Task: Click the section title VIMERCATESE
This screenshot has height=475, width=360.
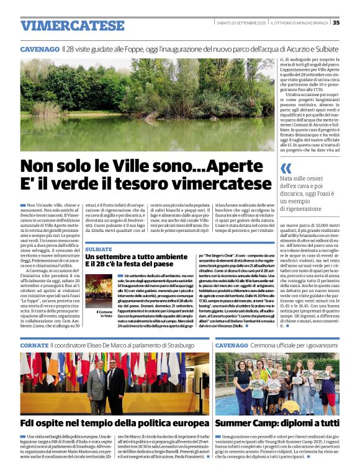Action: pyautogui.click(x=73, y=25)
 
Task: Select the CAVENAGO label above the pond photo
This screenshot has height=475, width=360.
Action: pyautogui.click(x=39, y=48)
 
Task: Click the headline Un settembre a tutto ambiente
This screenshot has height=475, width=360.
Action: pyautogui.click(x=137, y=257)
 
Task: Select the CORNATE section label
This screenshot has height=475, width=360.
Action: pyautogui.click(x=34, y=345)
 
